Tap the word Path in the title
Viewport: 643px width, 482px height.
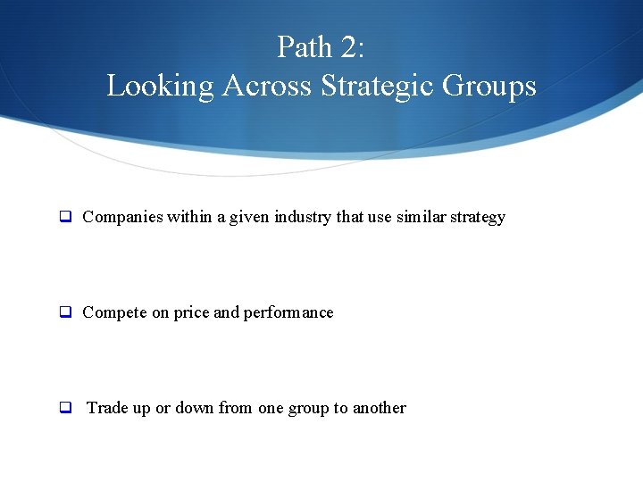pyautogui.click(x=302, y=46)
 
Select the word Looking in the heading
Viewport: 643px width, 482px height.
pyautogui.click(x=161, y=86)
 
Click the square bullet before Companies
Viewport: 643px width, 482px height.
pyautogui.click(x=65, y=217)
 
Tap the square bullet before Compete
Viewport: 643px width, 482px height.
pyautogui.click(x=65, y=312)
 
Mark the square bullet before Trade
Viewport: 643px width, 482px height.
pyautogui.click(x=65, y=408)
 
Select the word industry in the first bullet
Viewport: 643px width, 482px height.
pyautogui.click(x=303, y=217)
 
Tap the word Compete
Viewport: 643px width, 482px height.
pyautogui.click(x=113, y=312)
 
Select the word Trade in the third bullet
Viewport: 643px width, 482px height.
pyautogui.click(x=107, y=408)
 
